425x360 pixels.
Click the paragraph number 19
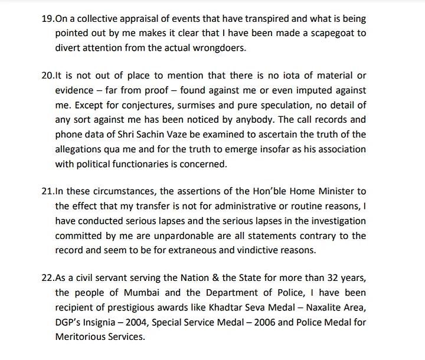(48, 19)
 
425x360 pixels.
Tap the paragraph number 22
(48, 279)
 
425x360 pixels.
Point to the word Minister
(337, 192)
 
